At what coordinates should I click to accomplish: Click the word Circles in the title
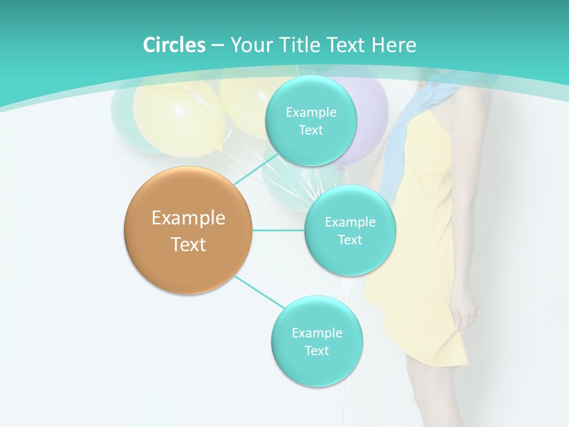pos(174,45)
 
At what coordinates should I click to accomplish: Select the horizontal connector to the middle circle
pos(278,230)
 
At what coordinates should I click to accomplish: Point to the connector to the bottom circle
pos(259,292)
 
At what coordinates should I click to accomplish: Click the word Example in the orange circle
pos(188,218)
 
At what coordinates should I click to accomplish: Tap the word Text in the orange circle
pos(188,244)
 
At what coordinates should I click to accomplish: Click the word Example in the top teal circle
pos(311,112)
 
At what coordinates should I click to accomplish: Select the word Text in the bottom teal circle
pos(317,350)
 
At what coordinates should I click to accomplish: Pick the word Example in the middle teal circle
pos(350,222)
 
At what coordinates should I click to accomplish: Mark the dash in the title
pos(218,46)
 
